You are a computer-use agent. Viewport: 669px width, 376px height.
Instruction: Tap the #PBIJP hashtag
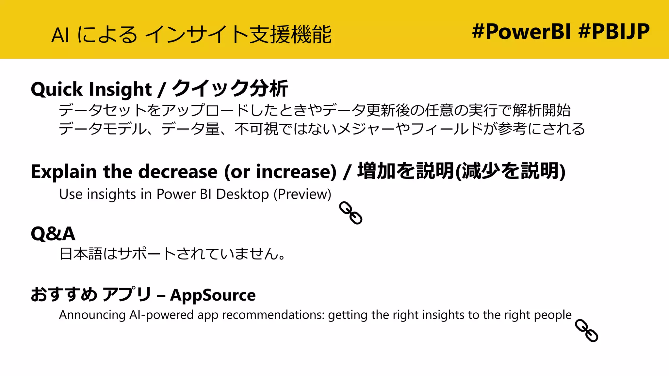point(614,32)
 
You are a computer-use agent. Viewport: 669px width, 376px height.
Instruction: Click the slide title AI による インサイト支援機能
point(191,35)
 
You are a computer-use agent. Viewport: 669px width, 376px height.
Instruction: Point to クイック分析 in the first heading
point(230,89)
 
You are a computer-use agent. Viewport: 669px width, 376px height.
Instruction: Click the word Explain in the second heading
point(64,172)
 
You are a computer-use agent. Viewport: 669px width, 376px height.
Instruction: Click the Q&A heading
point(53,234)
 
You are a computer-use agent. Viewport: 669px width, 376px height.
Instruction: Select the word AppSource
point(213,295)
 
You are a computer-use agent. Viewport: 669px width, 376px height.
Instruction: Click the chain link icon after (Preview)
point(351,213)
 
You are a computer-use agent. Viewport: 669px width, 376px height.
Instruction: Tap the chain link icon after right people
point(586,330)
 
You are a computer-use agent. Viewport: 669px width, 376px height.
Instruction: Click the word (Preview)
point(302,194)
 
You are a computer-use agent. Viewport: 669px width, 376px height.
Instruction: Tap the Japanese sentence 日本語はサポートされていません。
point(172,254)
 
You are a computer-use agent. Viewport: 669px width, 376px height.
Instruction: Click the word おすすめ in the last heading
point(64,295)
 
